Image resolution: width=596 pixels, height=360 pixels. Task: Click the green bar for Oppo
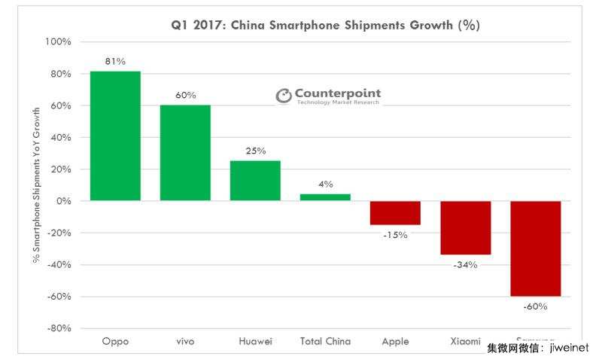click(115, 136)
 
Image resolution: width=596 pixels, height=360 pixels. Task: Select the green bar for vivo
click(185, 153)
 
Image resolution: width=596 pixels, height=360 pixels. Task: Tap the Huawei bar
click(255, 181)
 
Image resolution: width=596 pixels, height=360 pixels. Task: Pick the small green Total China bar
click(325, 197)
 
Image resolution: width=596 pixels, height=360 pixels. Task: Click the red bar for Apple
click(395, 213)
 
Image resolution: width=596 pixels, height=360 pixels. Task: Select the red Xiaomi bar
click(465, 228)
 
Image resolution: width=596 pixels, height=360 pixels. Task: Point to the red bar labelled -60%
click(535, 249)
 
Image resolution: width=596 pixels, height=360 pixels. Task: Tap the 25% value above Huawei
click(255, 151)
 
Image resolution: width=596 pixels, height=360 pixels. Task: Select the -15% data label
click(395, 235)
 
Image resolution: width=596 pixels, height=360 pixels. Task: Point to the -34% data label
click(465, 264)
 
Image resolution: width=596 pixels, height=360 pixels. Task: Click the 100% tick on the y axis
click(58, 42)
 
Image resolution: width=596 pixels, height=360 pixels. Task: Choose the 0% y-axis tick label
click(64, 201)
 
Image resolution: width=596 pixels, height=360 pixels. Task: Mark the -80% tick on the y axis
click(59, 328)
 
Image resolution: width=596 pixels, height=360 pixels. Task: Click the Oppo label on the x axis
click(115, 342)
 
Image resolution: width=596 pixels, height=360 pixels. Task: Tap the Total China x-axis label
click(325, 342)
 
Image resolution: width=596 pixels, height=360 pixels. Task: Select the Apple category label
click(395, 342)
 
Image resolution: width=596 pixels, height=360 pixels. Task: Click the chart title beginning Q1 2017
click(325, 26)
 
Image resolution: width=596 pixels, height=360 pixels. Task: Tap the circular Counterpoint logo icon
click(283, 96)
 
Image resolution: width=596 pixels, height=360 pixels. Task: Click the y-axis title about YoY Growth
click(35, 185)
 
